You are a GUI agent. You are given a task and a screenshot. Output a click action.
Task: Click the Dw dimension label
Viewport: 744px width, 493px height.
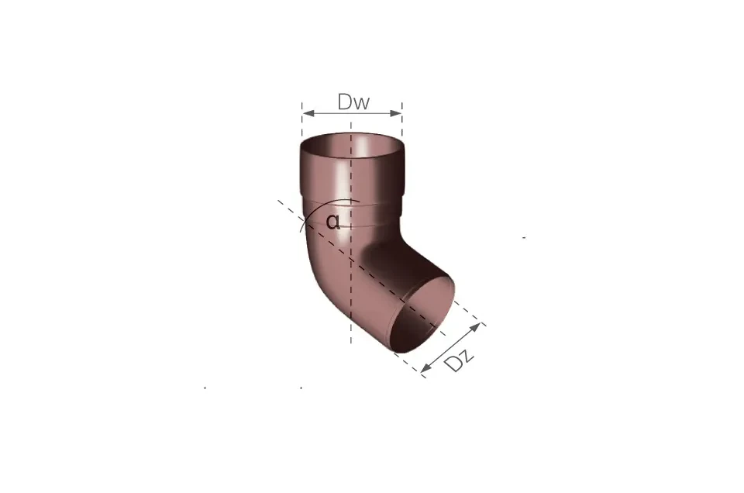pyautogui.click(x=353, y=102)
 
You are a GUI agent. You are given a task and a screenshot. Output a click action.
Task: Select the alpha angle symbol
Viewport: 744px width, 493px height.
pyautogui.click(x=333, y=222)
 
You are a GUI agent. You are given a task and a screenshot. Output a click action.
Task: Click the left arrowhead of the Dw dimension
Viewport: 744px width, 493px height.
pyautogui.click(x=308, y=113)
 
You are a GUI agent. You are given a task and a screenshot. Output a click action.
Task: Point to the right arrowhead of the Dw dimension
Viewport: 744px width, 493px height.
pyautogui.click(x=396, y=113)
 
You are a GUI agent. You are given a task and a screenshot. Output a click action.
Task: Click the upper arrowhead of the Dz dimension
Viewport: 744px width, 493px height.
pyautogui.click(x=475, y=327)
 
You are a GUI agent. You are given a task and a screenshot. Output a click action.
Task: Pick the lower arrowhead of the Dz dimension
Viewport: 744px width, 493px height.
pyautogui.click(x=426, y=367)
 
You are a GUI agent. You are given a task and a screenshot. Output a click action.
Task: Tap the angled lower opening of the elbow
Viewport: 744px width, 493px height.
pyautogui.click(x=422, y=315)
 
